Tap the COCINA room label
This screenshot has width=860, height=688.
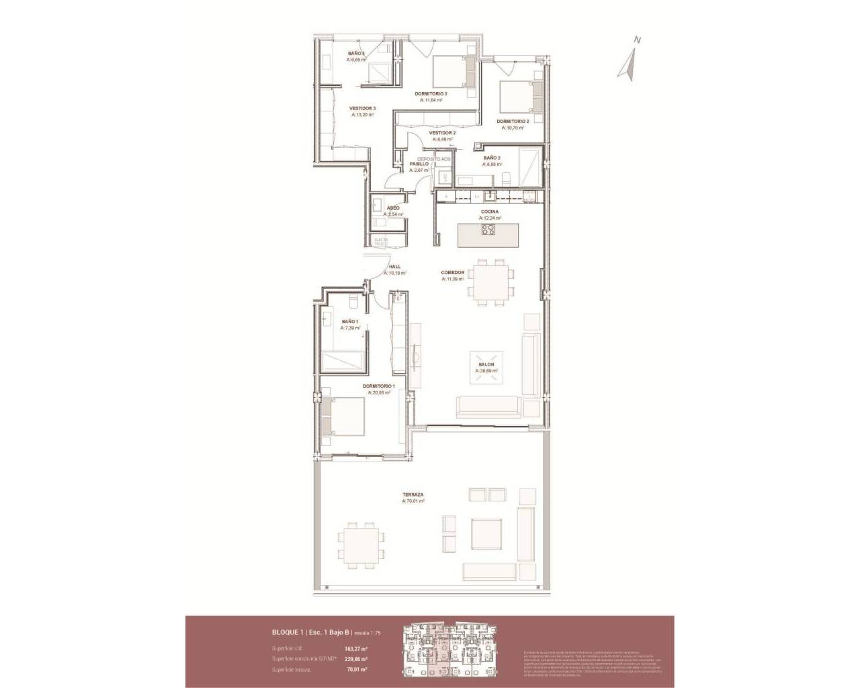(x=489, y=212)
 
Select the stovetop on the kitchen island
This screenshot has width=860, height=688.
(x=488, y=230)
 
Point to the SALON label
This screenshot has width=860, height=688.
(x=486, y=365)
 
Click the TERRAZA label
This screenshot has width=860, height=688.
(x=413, y=494)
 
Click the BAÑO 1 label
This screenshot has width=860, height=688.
(x=349, y=322)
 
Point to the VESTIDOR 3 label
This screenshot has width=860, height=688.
(x=361, y=109)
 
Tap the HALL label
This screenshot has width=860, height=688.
(x=394, y=267)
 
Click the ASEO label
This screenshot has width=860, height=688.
(x=392, y=208)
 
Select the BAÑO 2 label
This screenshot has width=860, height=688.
(x=491, y=158)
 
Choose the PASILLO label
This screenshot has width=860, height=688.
(x=419, y=164)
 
